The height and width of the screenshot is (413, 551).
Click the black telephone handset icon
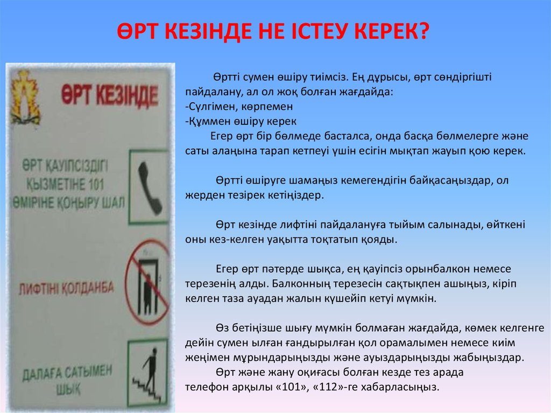coord(150,188)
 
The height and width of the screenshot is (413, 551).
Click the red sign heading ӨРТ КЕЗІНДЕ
coord(110,95)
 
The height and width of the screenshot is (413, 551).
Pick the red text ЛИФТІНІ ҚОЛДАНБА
coord(66,288)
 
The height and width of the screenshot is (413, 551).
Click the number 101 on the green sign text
coord(94,185)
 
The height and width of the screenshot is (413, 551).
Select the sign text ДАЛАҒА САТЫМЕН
coord(67,373)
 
